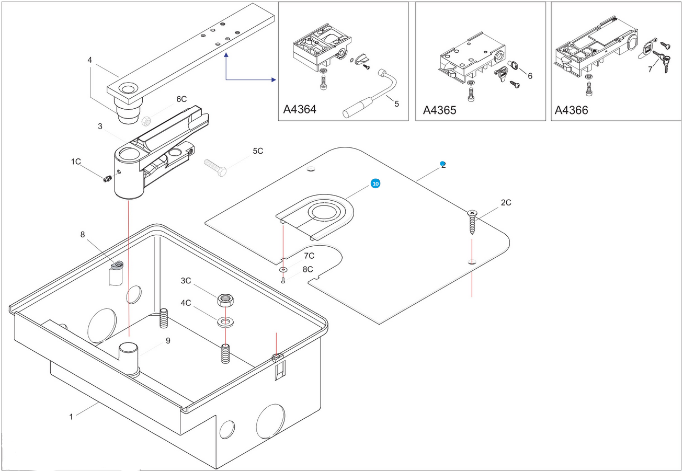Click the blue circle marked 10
[x=375, y=183]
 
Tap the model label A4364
[x=300, y=109]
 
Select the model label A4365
[x=439, y=110]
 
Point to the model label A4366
[x=571, y=110]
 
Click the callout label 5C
[x=258, y=151]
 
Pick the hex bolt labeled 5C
[x=215, y=167]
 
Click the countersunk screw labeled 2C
[x=472, y=222]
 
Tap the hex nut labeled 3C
[x=225, y=300]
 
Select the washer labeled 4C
[x=225, y=321]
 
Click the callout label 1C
[x=76, y=162]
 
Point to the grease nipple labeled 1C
[x=107, y=179]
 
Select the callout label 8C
[x=308, y=269]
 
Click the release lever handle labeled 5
[x=369, y=94]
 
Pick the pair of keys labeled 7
[x=662, y=61]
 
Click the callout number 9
[x=168, y=340]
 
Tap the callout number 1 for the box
[x=71, y=417]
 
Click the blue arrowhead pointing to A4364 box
[x=274, y=79]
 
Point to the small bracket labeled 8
[x=116, y=273]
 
